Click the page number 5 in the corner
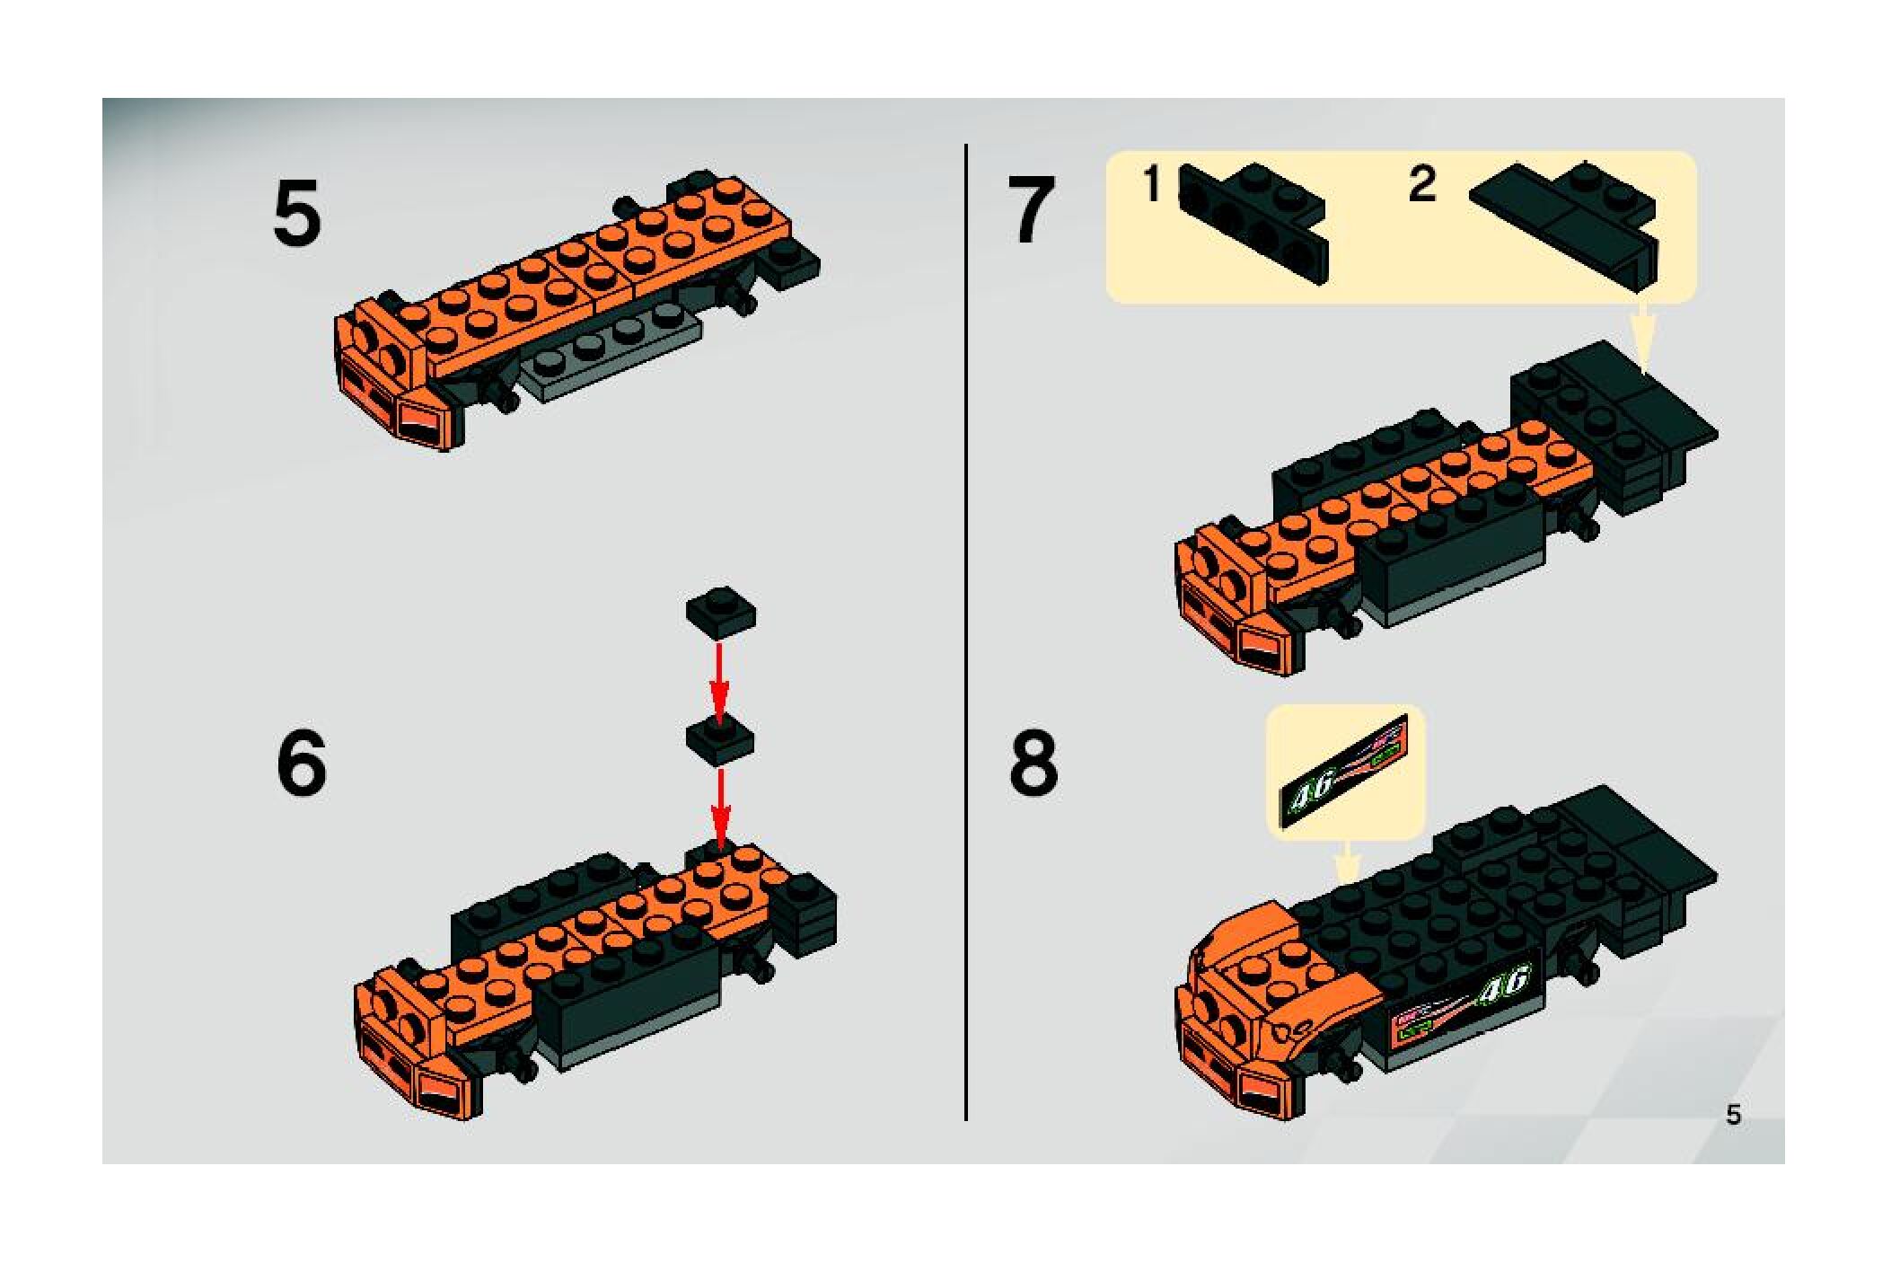[1733, 1115]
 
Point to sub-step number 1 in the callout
[1154, 185]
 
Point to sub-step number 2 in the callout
[1422, 185]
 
